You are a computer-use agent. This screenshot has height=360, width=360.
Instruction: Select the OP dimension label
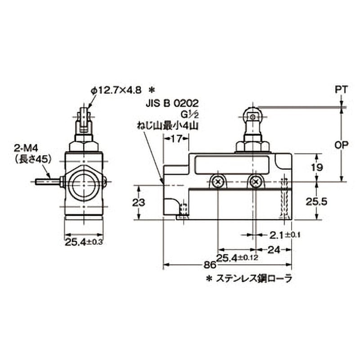pos(342,145)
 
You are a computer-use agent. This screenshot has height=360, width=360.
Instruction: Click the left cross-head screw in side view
pos(218,182)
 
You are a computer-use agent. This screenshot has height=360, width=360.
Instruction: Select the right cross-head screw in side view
pos(256,182)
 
